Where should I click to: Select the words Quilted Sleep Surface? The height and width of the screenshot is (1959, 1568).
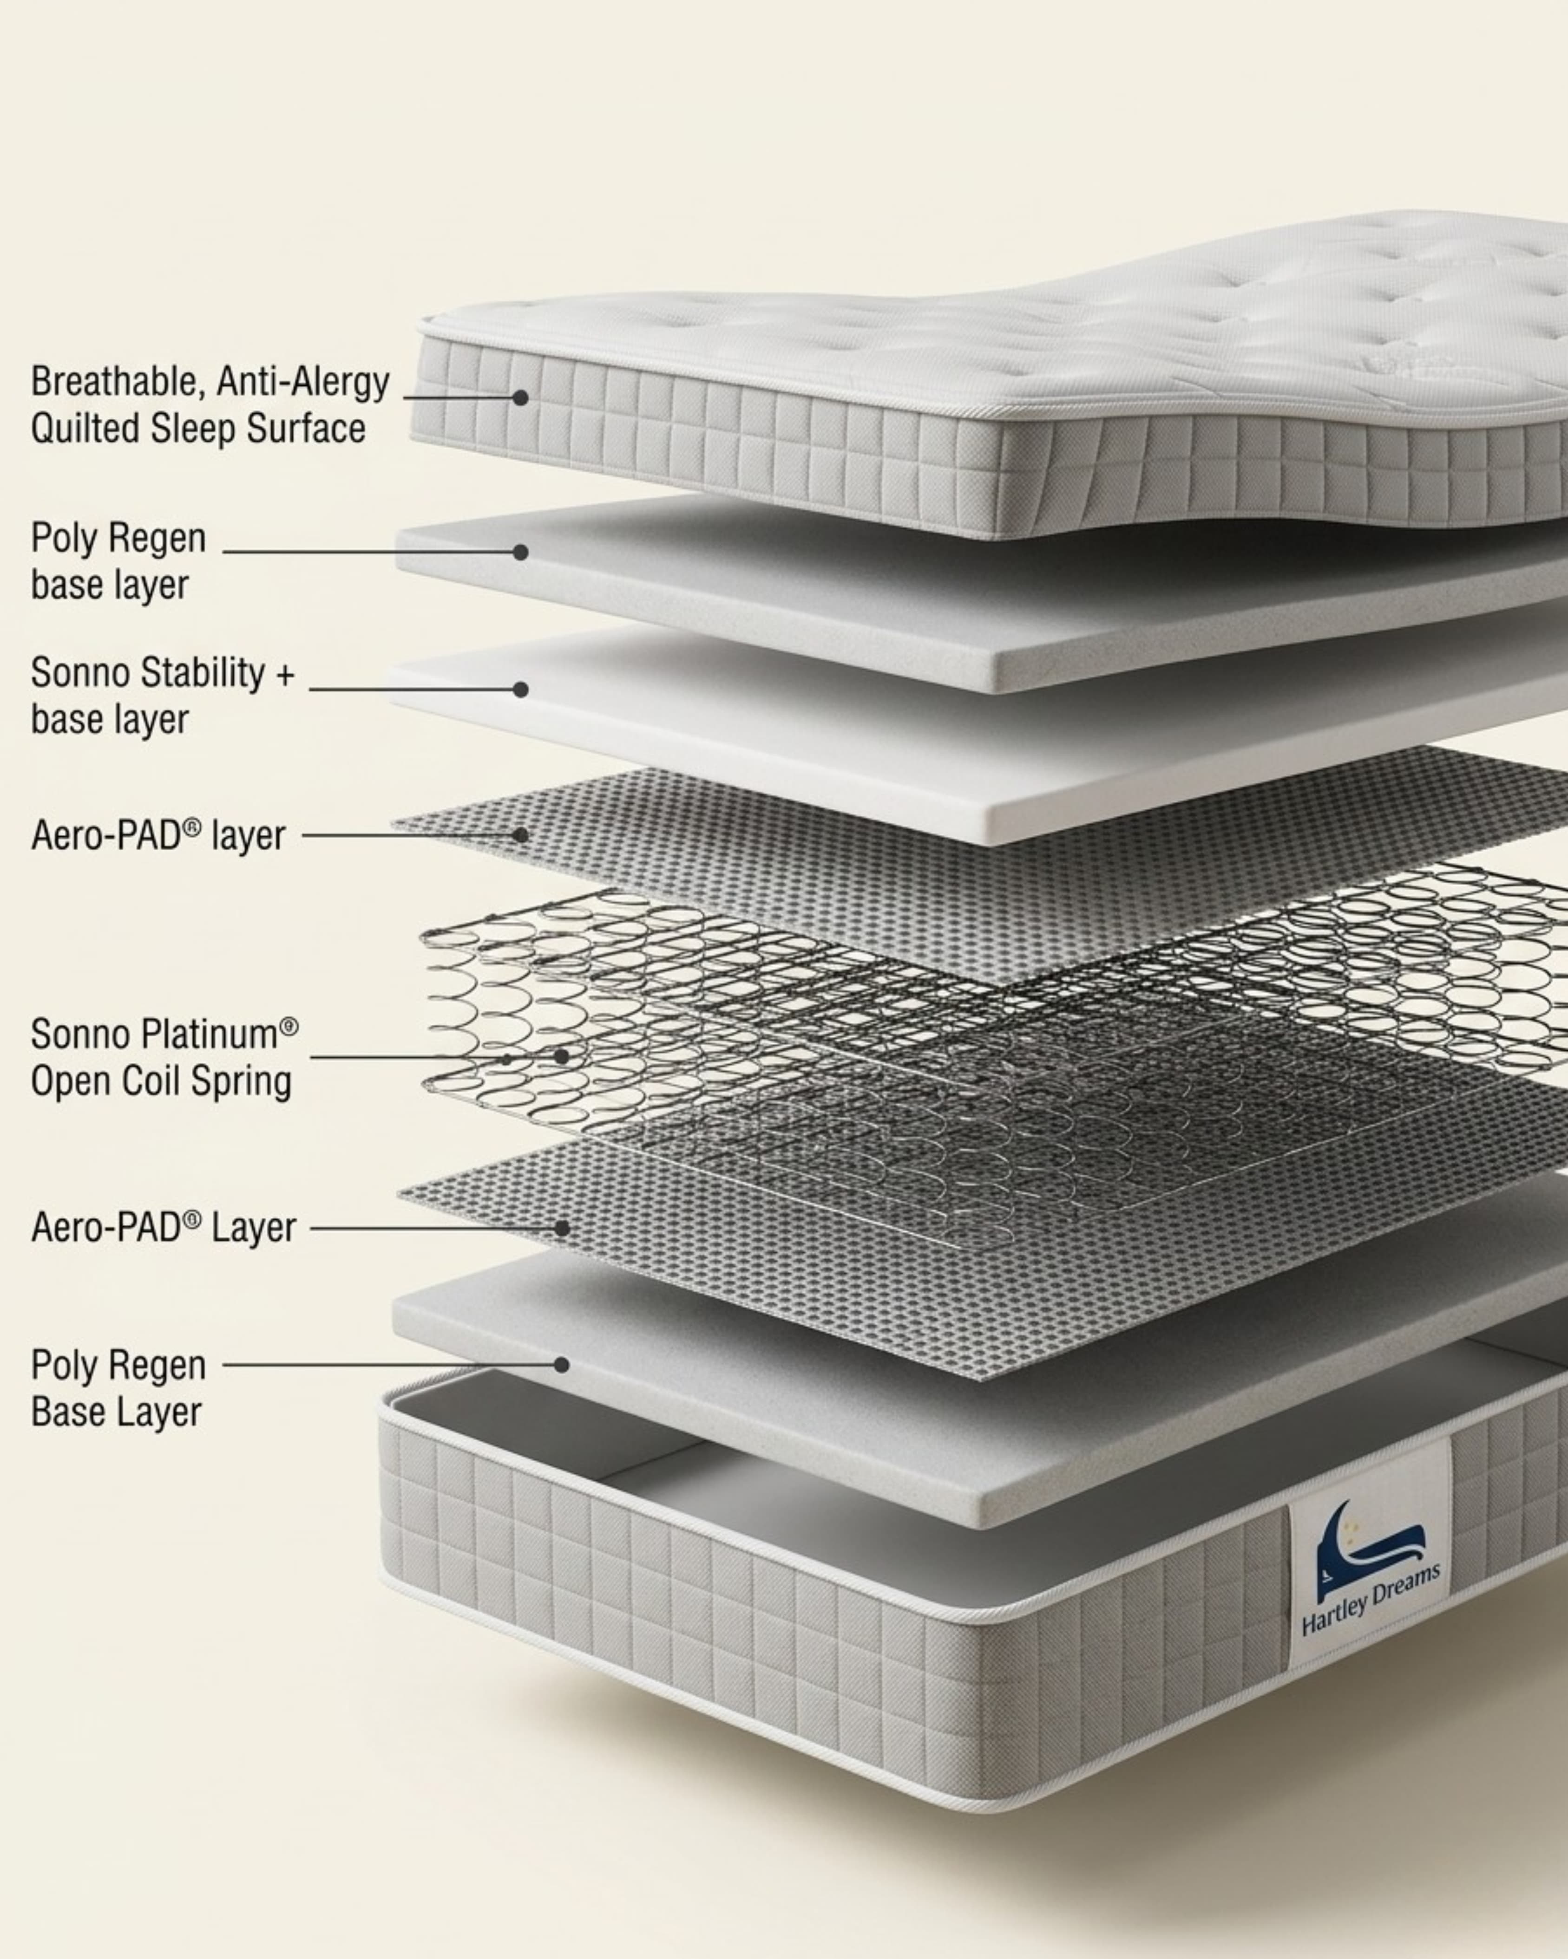198,429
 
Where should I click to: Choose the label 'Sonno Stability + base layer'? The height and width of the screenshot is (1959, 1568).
163,696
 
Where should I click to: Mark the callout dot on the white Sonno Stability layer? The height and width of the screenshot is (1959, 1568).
520,690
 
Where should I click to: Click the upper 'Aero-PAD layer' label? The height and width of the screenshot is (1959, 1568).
158,835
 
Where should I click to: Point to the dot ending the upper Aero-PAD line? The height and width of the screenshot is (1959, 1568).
520,834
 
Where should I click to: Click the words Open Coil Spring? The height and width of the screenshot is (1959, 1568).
161,1081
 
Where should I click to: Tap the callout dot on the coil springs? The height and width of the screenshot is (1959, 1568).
562,1057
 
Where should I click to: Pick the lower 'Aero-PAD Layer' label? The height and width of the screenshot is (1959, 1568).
164,1228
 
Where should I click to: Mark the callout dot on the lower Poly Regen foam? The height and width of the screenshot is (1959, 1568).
562,1365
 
